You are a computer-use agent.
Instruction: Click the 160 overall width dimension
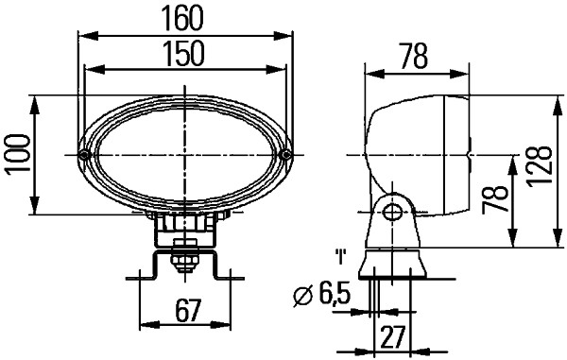pos(184,19)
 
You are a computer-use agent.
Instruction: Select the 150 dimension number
pos(184,54)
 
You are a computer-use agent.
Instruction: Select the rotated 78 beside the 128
pos(500,200)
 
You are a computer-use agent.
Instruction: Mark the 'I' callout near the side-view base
pos(338,256)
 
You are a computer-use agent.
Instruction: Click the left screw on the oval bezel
pos(85,155)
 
